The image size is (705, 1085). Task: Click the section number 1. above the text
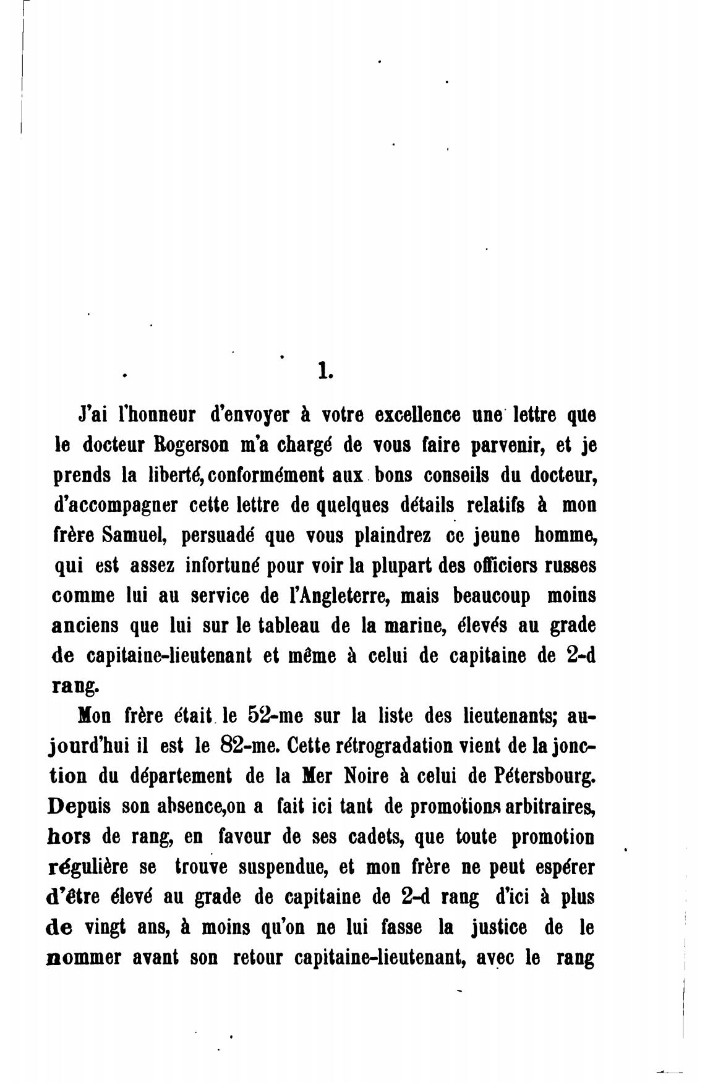pos(325,371)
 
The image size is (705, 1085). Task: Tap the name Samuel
pos(129,535)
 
